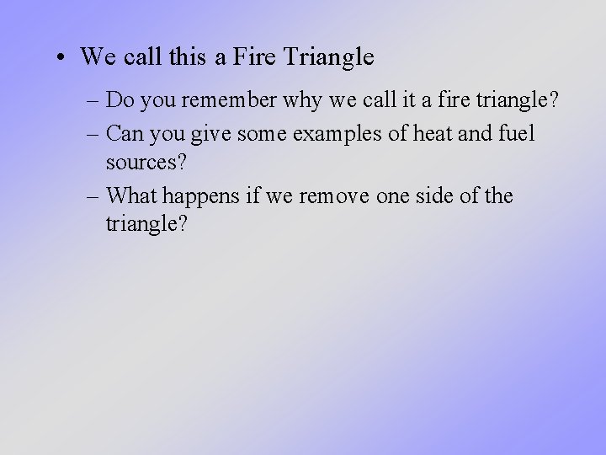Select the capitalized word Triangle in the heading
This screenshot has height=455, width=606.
329,57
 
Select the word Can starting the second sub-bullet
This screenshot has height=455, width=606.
125,133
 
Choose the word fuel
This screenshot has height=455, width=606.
514,133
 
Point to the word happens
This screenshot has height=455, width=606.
199,195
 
